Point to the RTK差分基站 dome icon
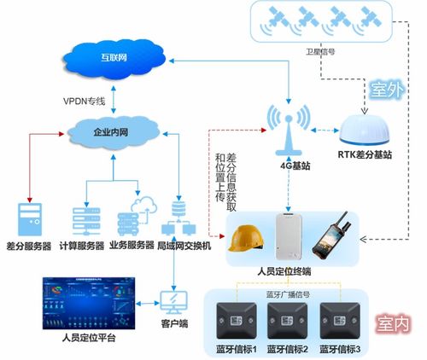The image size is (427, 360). [x=365, y=131]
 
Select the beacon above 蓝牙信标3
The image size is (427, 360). [x=339, y=322]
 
